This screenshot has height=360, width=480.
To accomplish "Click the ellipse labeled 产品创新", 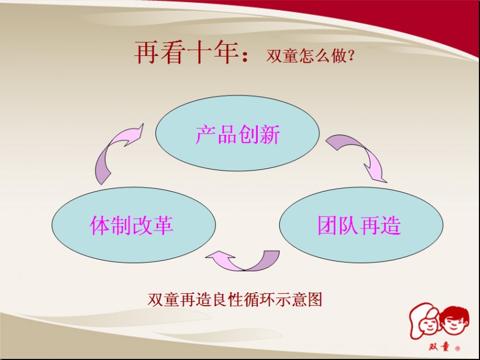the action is tap(237, 133).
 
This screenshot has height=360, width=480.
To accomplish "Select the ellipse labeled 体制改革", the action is tap(134, 225).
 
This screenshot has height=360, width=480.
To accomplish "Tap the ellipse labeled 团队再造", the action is tap(361, 225).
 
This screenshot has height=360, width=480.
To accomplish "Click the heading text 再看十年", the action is tap(187, 53).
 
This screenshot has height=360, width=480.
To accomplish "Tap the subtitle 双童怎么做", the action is tap(306, 56).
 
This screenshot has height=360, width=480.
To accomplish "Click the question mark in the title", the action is tap(351, 56).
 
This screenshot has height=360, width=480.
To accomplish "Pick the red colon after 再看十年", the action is tap(245, 56).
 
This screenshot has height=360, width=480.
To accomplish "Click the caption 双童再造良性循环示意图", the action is tap(235, 300).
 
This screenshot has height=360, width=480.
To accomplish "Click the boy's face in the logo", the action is tap(455, 322).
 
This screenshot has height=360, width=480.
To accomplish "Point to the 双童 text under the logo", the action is tap(439, 347).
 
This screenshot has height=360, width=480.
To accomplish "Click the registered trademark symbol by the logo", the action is tap(457, 348).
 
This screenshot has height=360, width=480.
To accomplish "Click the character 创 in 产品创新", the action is tap(248, 134).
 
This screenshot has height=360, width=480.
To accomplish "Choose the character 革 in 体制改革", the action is tap(163, 225).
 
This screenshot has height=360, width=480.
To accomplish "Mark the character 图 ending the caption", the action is tap(315, 300).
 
